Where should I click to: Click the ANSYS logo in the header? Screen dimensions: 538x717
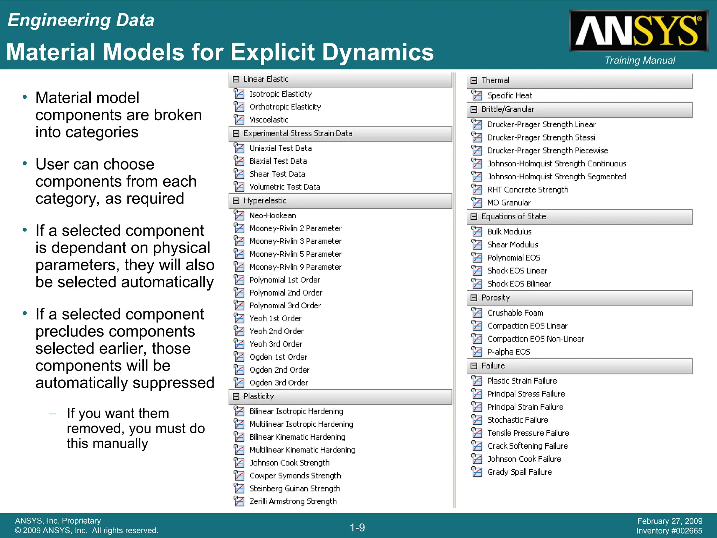click(x=639, y=31)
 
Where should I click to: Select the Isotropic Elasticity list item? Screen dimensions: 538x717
click(x=280, y=94)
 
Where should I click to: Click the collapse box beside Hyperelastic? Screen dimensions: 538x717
click(x=236, y=201)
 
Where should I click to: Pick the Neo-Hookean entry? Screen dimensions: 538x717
click(x=272, y=215)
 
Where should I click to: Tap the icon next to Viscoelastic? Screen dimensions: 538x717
click(x=239, y=119)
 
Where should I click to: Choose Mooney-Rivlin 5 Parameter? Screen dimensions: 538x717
click(x=295, y=254)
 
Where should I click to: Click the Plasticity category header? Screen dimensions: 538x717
click(x=258, y=396)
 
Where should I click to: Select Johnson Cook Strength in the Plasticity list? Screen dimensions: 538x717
click(x=289, y=463)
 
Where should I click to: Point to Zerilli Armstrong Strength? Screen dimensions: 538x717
click(x=293, y=501)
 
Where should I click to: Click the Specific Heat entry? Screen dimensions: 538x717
click(x=509, y=95)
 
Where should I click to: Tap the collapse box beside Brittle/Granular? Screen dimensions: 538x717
click(x=474, y=110)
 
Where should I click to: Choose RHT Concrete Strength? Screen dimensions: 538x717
click(x=528, y=189)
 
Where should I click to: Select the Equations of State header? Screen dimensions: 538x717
click(x=513, y=216)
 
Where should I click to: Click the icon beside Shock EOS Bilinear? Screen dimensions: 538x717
click(x=476, y=283)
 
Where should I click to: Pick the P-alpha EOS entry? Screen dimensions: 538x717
click(x=508, y=352)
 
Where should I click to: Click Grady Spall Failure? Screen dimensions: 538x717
click(x=519, y=472)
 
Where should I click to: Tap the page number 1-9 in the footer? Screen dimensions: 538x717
click(x=357, y=527)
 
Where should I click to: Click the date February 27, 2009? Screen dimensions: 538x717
click(x=669, y=521)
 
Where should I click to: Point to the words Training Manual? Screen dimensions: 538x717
click(x=640, y=60)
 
